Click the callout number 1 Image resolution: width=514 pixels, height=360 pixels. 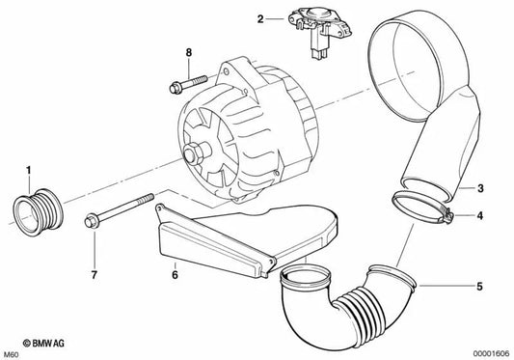tap(29, 171)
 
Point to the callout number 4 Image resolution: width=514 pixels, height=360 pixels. tap(481, 216)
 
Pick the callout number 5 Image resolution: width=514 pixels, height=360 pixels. tap(481, 285)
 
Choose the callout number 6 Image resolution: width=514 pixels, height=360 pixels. tap(175, 274)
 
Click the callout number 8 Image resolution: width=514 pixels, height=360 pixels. tap(189, 50)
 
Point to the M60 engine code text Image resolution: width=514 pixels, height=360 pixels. tap(12, 352)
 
